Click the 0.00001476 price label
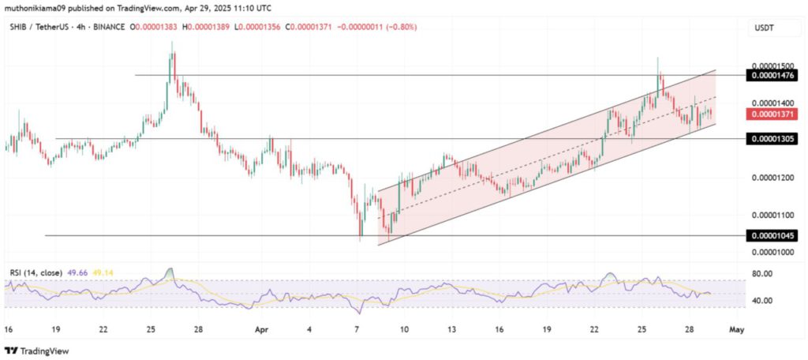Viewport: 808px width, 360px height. pos(775,75)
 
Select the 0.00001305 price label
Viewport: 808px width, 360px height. pos(775,138)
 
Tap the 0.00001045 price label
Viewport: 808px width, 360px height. pos(775,235)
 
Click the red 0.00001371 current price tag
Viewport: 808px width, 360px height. pos(775,114)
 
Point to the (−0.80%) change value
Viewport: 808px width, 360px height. pos(399,28)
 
